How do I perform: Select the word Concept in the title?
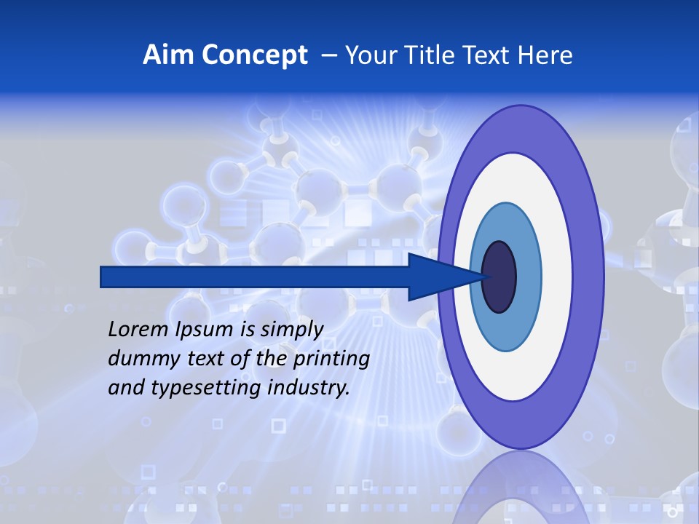pyautogui.click(x=254, y=55)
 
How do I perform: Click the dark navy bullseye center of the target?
pyautogui.click(x=499, y=277)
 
